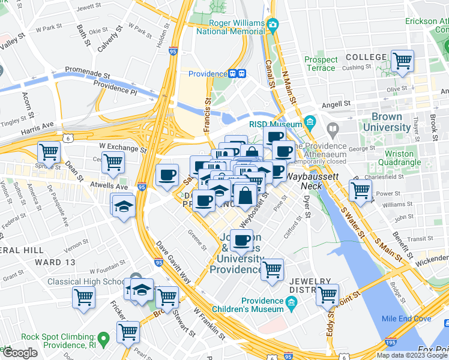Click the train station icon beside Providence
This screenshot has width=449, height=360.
point(238,74)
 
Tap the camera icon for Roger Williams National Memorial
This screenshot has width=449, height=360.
point(273,25)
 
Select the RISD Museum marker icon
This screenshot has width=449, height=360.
point(310,123)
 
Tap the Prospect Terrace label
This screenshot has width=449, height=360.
point(321,64)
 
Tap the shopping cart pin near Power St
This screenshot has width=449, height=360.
point(360,190)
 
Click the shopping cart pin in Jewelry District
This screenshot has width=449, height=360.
point(327,295)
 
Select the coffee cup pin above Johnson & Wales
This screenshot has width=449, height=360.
point(242,241)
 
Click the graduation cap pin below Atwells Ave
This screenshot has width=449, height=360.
point(123,205)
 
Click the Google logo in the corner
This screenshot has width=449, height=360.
point(19,353)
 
